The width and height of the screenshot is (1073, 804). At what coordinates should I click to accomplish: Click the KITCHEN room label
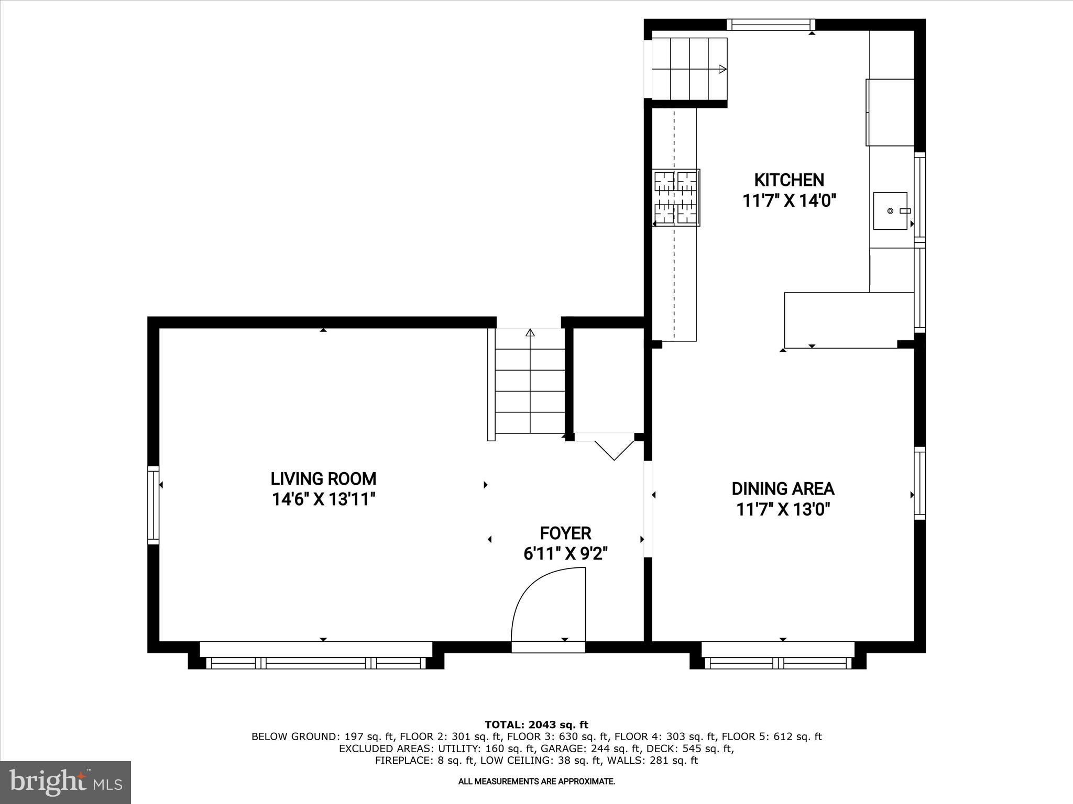(x=789, y=180)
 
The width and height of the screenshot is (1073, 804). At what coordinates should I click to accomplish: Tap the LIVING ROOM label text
(x=323, y=479)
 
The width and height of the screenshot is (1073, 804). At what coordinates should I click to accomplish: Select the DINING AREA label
(x=783, y=489)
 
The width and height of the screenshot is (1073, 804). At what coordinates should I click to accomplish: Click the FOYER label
(x=565, y=533)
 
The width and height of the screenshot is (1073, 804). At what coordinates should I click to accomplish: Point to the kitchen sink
(x=890, y=211)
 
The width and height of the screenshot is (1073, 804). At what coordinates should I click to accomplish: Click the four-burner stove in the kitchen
(x=676, y=197)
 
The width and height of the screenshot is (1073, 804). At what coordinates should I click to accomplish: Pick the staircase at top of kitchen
(x=689, y=69)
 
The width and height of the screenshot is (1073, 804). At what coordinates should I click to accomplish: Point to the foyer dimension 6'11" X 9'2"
(x=565, y=554)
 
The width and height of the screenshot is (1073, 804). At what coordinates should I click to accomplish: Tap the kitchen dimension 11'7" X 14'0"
(x=789, y=200)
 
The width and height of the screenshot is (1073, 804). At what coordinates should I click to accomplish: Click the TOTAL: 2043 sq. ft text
(x=536, y=725)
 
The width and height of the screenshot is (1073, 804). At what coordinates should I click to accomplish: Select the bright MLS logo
(x=65, y=782)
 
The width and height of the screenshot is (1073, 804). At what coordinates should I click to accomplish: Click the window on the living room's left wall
(x=153, y=505)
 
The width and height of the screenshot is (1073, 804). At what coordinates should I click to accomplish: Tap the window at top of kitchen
(x=771, y=25)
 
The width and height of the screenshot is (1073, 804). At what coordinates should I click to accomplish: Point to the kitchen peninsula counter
(x=849, y=320)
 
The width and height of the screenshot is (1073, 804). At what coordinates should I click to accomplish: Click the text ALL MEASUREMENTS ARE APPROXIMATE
(x=536, y=781)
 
